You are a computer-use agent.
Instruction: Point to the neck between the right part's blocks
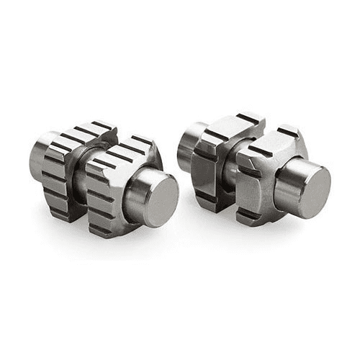coord(232,162)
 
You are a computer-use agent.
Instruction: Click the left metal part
coord(101,180)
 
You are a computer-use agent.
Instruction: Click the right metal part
coord(252,169)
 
